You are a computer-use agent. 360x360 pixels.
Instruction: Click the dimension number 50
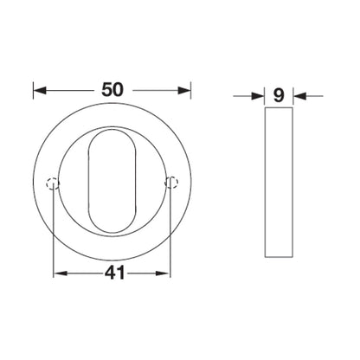[111, 89]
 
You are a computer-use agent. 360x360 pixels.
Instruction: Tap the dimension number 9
[279, 96]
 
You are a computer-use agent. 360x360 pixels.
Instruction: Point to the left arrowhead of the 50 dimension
[39, 89]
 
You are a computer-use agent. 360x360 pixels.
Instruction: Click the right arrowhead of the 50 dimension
[184, 89]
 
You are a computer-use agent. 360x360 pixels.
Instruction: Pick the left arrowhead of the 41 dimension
[59, 273]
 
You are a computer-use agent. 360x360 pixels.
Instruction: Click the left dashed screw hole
[53, 182]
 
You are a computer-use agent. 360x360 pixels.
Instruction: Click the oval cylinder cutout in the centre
[112, 182]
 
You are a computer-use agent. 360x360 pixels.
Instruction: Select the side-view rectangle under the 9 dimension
[279, 182]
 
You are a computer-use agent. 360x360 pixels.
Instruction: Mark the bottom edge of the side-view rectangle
[279, 256]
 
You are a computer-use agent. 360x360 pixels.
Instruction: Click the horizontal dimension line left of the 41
[78, 273]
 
